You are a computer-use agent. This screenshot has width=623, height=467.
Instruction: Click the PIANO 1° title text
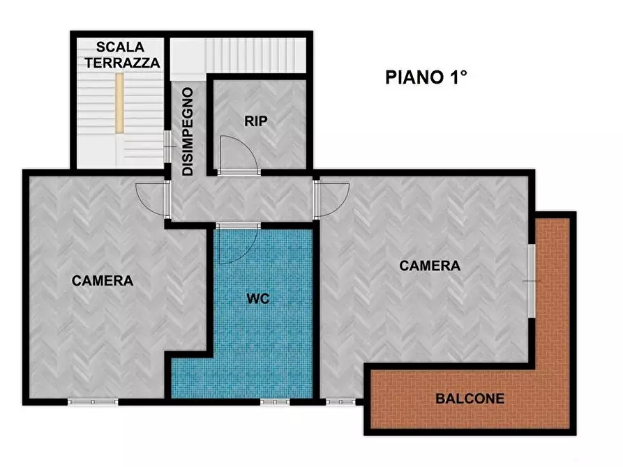tap(426, 77)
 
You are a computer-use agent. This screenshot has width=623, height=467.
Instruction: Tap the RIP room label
tap(255, 121)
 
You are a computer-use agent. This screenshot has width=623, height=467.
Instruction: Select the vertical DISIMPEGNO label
tap(187, 130)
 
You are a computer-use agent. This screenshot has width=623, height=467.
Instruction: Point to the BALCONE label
tap(469, 399)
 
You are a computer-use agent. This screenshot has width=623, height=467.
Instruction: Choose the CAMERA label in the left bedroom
tap(103, 281)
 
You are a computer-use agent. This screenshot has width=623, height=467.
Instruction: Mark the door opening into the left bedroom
tap(152, 198)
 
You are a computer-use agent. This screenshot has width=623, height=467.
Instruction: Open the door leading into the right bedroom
tap(332, 198)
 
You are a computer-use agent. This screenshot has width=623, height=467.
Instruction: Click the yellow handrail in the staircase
tap(120, 102)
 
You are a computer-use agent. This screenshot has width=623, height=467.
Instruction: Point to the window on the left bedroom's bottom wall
tap(93, 402)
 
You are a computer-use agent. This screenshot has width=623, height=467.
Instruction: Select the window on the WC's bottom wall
tap(274, 402)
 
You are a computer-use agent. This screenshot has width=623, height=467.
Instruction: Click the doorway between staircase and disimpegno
tap(167, 146)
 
